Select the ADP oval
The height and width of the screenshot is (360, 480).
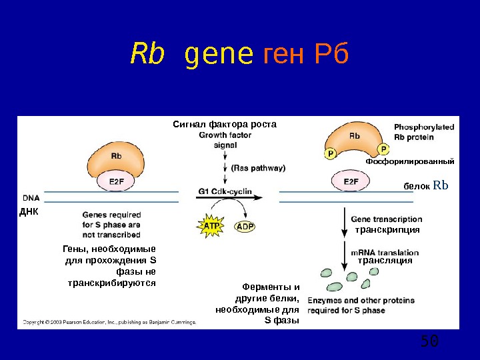(245, 227)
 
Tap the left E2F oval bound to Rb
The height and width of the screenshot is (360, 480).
(116, 181)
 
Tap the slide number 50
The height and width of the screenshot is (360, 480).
(429, 342)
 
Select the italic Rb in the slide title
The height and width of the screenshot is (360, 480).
(147, 55)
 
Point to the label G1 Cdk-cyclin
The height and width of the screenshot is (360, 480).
(225, 191)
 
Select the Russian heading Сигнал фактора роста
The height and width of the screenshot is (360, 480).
(224, 124)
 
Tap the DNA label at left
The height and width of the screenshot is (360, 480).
(31, 198)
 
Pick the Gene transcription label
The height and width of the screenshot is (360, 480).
(386, 219)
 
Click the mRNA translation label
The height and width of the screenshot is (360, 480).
(385, 253)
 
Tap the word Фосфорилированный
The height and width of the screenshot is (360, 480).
(410, 162)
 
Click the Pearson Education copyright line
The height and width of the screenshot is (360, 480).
(109, 322)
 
